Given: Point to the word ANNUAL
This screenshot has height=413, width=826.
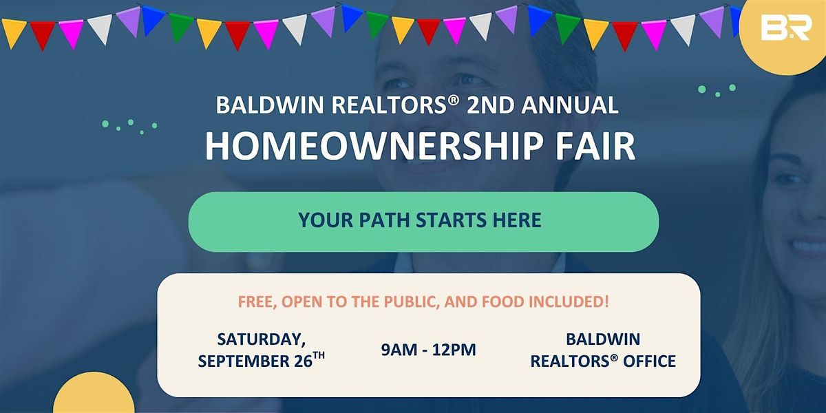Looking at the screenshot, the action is tap(570, 105).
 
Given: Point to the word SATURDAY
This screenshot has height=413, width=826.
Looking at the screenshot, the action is tap(262, 339).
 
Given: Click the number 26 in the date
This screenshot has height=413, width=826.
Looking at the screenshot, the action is tap(304, 361).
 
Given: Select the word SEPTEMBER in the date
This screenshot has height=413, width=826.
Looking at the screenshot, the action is tap(244, 361).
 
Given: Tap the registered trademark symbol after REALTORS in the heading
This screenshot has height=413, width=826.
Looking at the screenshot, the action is tap(455, 100).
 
